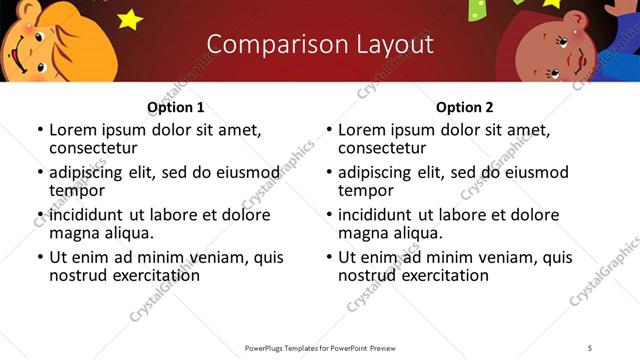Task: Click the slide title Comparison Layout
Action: click(320, 44)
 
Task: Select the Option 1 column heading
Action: click(175, 107)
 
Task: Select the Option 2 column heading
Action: click(465, 107)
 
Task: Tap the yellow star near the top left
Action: click(130, 18)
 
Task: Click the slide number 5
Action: click(590, 347)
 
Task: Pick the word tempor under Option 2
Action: click(361, 190)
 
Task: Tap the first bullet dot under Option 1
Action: click(40, 130)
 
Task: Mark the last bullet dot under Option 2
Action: click(329, 257)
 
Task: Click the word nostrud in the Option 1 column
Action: click(77, 275)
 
